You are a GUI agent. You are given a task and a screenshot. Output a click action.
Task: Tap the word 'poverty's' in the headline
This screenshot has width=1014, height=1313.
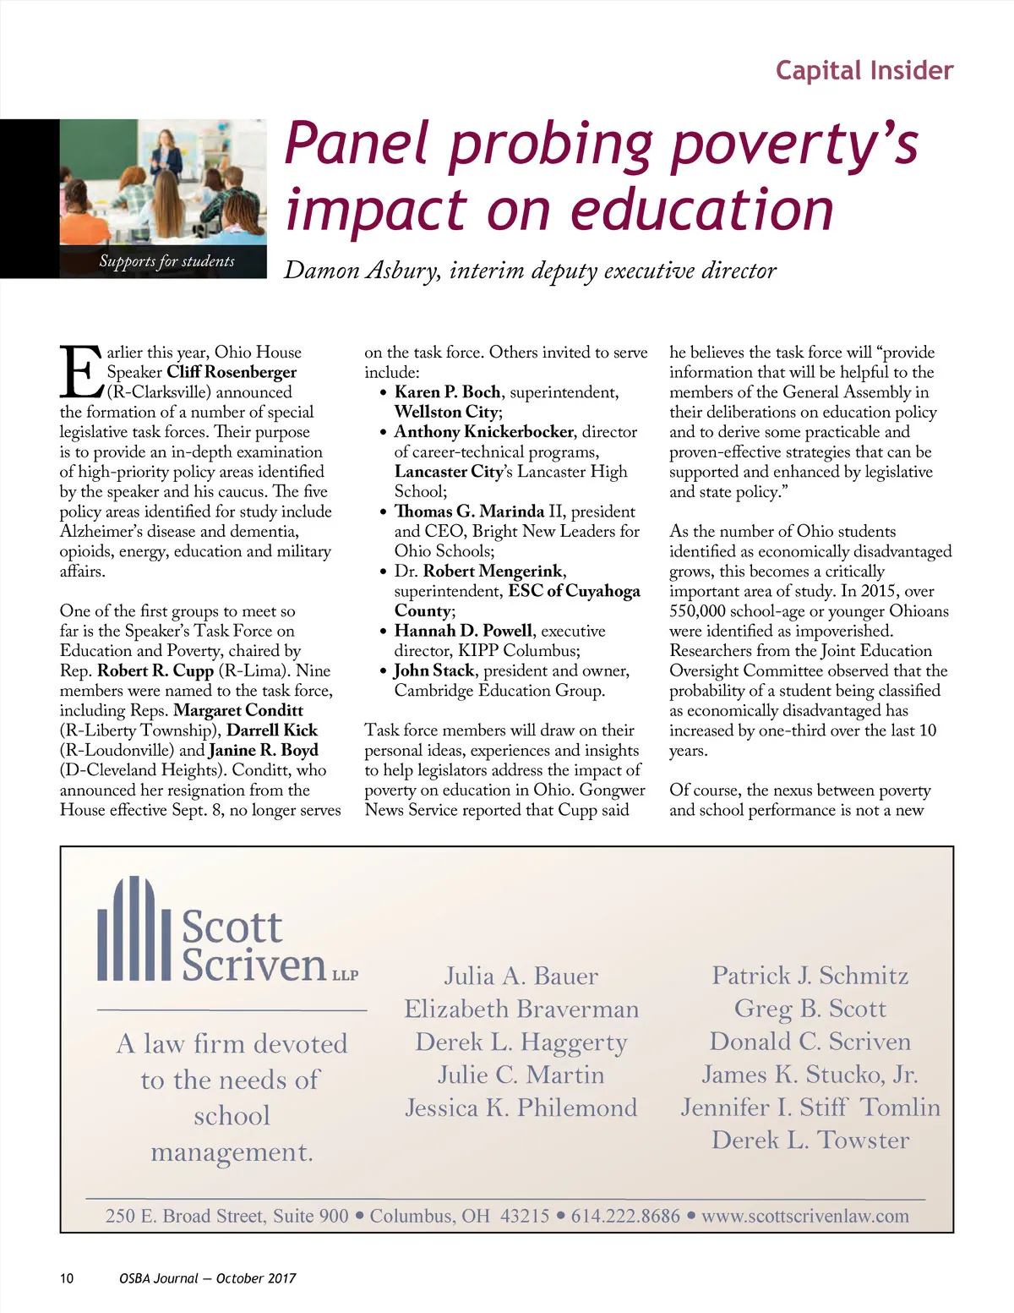[x=793, y=145]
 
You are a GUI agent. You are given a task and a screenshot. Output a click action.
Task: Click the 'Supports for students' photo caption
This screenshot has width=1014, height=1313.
[x=166, y=261]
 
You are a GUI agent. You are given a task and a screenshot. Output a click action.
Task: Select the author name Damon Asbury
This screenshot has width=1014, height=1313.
[x=362, y=271]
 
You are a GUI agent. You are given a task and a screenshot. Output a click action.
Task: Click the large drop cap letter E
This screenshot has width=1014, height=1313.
[x=81, y=372]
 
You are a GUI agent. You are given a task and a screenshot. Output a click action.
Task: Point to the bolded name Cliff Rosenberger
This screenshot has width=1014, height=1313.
[x=232, y=372]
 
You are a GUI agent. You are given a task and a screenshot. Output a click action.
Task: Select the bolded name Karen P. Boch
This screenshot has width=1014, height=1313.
[x=447, y=392]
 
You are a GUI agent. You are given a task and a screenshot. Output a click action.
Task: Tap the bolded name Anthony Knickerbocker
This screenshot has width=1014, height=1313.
[x=483, y=432]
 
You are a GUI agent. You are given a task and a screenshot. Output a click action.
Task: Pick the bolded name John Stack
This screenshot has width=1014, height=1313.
[x=433, y=671]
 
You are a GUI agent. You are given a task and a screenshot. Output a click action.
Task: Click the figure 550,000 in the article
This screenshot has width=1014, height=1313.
[x=700, y=611]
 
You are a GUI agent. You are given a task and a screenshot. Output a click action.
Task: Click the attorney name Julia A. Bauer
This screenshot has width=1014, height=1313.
[x=521, y=977]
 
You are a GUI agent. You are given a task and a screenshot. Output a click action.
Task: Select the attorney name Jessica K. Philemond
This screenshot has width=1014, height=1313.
[x=521, y=1108]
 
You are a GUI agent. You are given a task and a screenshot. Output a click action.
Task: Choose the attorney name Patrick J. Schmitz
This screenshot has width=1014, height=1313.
[x=810, y=976]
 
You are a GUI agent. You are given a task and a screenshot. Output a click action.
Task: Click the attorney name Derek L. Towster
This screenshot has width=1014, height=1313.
[x=810, y=1141]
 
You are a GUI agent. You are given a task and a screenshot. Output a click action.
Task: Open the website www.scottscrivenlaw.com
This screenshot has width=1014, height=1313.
[x=804, y=1217]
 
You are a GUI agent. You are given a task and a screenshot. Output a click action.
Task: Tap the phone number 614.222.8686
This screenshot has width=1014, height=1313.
[x=625, y=1217]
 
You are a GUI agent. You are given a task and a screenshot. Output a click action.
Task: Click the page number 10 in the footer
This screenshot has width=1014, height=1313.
[x=67, y=1278]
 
